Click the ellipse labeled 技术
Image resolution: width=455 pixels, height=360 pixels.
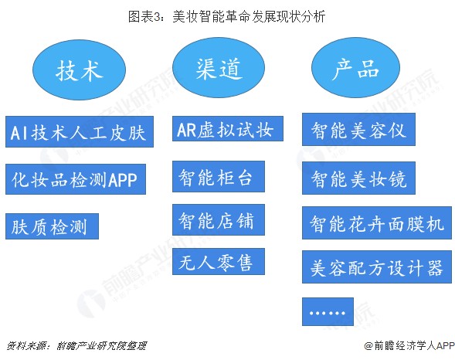click(79, 70)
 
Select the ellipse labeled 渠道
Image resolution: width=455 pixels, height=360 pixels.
click(219, 67)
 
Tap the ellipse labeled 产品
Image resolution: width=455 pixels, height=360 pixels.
click(355, 67)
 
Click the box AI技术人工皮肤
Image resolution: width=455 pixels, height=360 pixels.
click(80, 131)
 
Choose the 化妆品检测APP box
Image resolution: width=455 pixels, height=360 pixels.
click(76, 179)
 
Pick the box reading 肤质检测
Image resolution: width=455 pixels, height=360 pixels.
click(52, 226)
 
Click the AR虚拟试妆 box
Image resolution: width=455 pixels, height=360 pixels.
click(228, 129)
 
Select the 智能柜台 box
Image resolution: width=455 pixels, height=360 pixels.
click(219, 177)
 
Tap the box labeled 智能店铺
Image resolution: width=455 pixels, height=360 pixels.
click(219, 219)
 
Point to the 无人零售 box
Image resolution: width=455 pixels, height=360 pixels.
click(219, 261)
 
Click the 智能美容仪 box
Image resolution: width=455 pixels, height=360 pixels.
click(358, 130)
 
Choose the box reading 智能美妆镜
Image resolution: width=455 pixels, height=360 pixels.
click(358, 178)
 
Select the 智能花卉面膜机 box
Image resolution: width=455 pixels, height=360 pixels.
click(377, 223)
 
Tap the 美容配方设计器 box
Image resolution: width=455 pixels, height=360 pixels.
click(377, 267)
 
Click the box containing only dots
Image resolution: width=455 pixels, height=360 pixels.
click(328, 312)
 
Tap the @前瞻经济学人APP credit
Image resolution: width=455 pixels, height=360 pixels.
click(409, 345)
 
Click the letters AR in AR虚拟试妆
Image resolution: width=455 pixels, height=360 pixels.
click(187, 129)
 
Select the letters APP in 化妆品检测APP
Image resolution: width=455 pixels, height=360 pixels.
click(122, 180)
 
